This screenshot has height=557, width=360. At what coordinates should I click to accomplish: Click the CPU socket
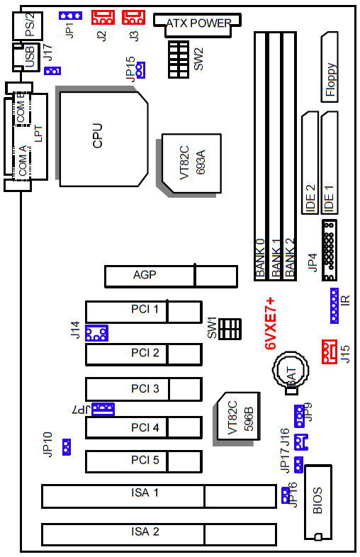[x=103, y=139]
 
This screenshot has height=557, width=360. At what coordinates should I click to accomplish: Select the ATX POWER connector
[x=197, y=25]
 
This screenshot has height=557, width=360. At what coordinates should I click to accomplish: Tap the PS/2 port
[x=28, y=26]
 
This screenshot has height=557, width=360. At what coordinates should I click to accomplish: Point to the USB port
[x=26, y=57]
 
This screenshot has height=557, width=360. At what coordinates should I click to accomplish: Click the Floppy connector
[x=330, y=67]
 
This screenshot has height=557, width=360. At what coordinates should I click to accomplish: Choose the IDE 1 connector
[x=330, y=163]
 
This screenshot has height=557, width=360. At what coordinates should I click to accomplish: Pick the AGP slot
[x=171, y=276]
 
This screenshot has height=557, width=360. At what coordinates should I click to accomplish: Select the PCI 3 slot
[x=144, y=389]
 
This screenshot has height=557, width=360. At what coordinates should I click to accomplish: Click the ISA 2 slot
[x=159, y=534]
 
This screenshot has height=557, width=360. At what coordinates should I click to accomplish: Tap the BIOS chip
[x=318, y=502]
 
